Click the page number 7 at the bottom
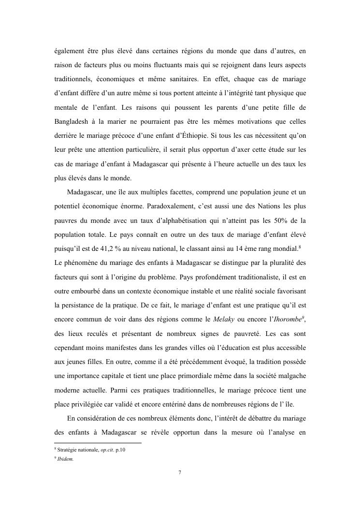coord(180,472)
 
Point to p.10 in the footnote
coord(120,450)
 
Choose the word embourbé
coord(91,291)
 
